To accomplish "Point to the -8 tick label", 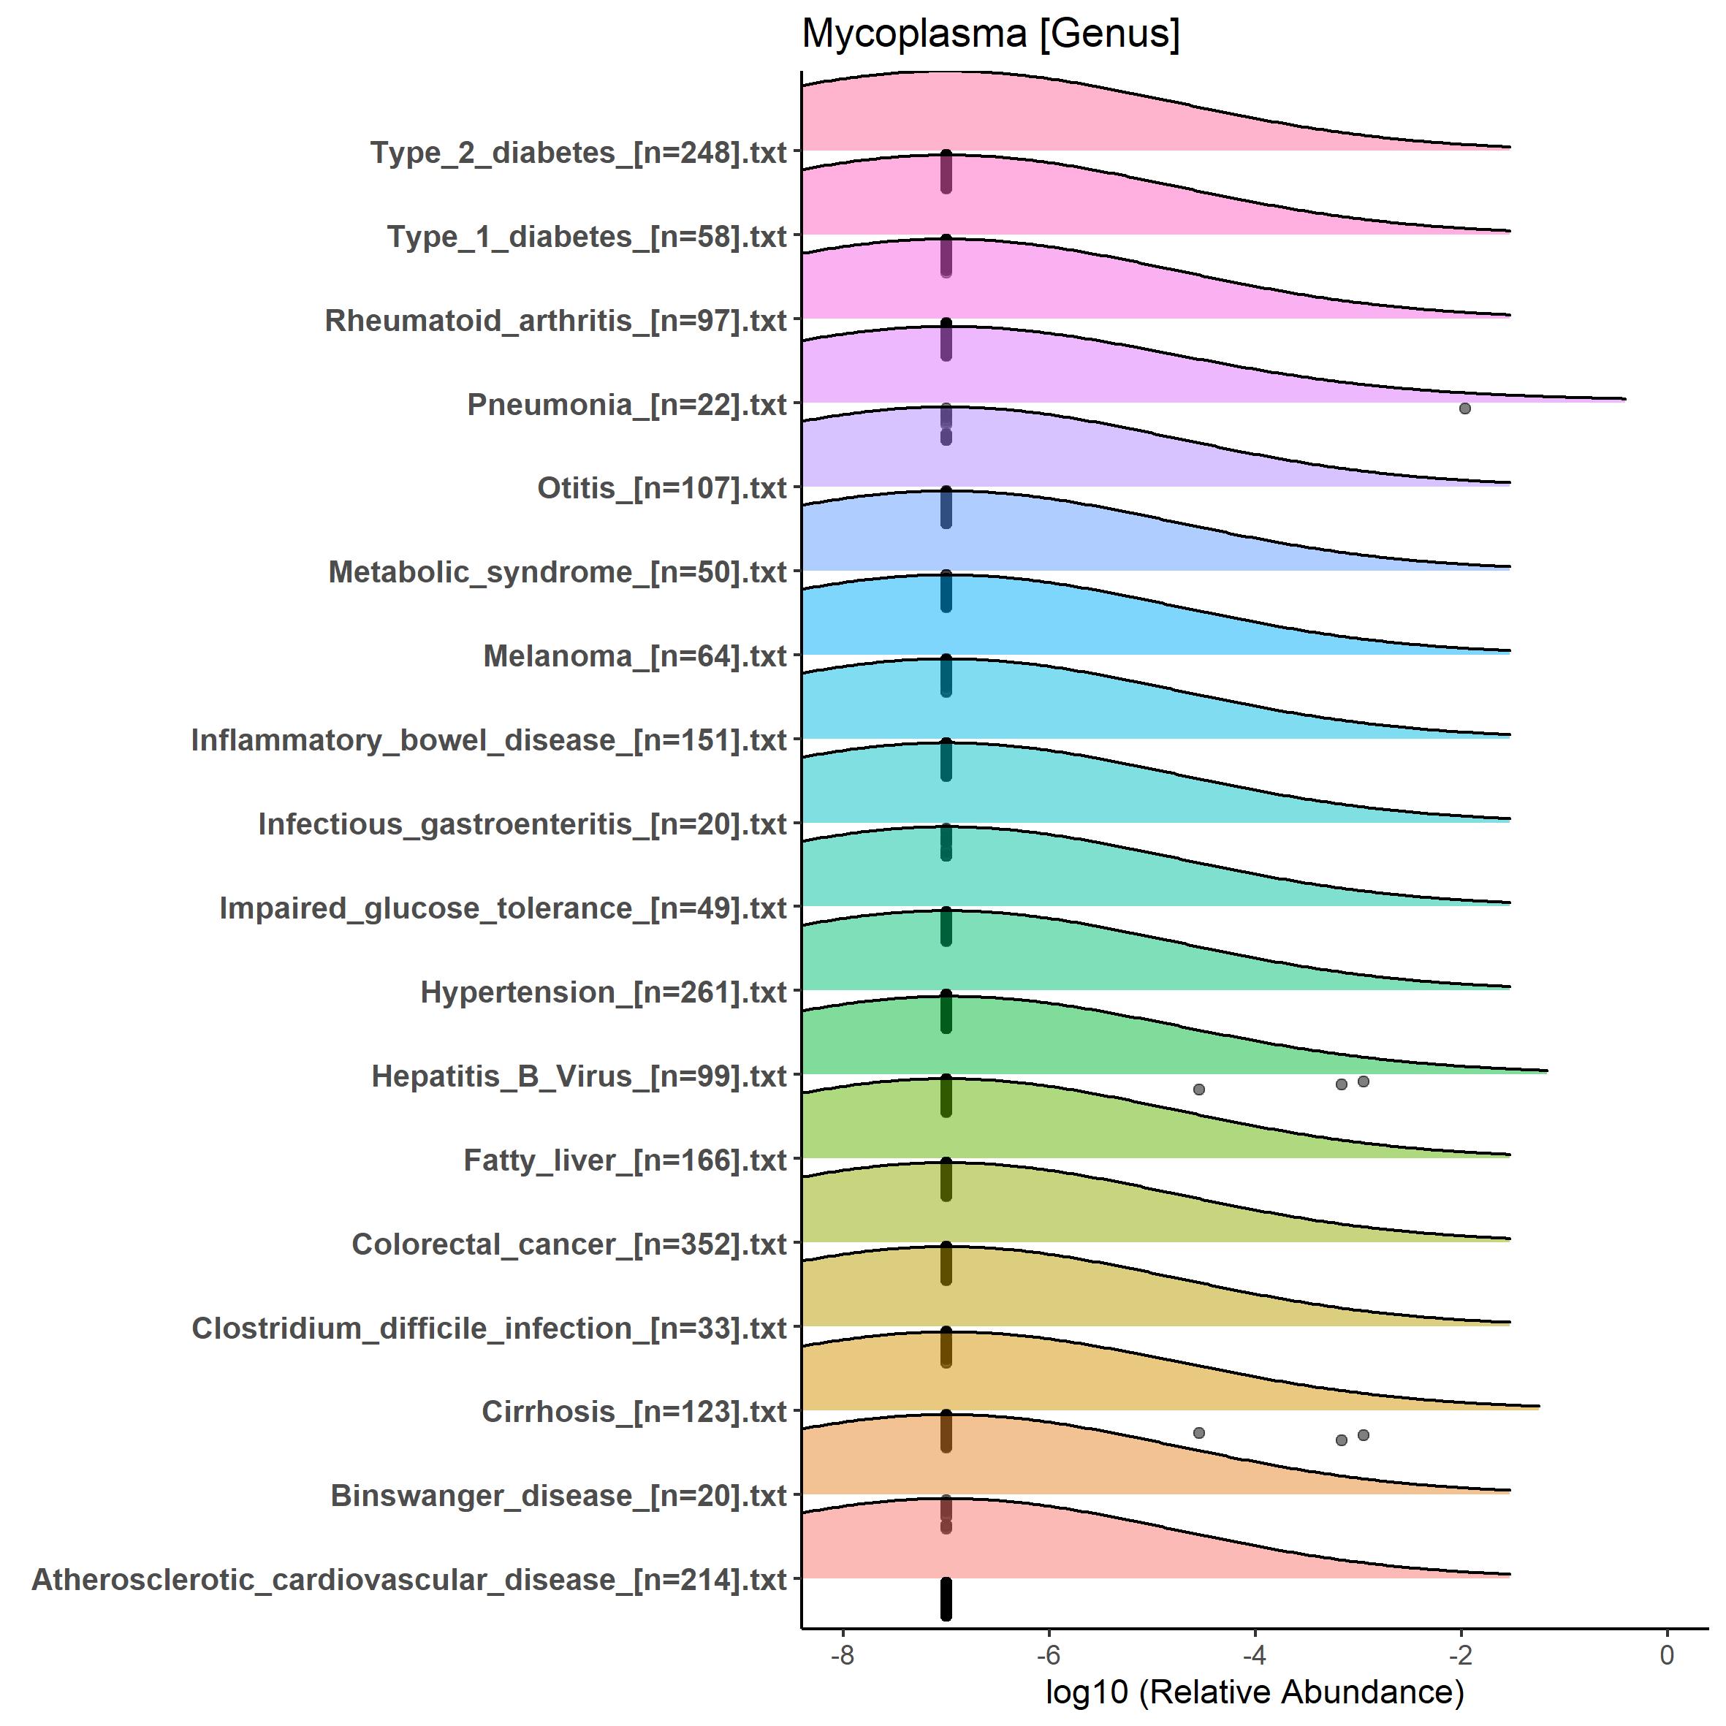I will point(843,1654).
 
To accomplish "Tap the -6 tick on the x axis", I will point(1048,1654).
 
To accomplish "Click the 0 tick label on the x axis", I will point(1666,1654).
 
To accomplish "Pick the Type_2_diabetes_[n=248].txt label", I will point(578,153).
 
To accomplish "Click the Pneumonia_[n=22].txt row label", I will point(626,405).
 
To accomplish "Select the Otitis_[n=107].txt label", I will point(661,489).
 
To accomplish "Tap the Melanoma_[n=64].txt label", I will point(634,657).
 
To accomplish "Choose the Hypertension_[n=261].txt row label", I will point(603,992).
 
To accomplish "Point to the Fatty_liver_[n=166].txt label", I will point(625,1160).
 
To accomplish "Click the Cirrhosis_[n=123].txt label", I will point(634,1412).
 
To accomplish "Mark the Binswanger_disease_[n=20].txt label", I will point(558,1496).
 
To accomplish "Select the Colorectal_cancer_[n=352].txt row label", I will point(569,1244).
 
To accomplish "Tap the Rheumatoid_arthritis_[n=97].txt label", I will point(555,321).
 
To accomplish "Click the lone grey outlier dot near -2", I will point(1464,408).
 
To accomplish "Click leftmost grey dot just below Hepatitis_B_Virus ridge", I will point(1199,1089).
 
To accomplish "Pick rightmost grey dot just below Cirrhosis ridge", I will point(1364,1434).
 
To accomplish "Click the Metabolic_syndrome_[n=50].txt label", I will point(558,573).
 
